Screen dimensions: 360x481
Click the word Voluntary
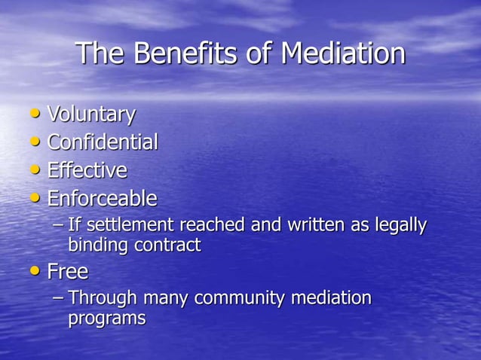91,114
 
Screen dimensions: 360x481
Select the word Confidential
103,142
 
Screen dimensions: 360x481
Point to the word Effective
87,170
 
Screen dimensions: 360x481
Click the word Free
68,271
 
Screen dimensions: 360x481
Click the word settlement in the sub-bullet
122,225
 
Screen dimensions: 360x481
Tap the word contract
167,245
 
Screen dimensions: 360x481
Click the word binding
97,245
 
